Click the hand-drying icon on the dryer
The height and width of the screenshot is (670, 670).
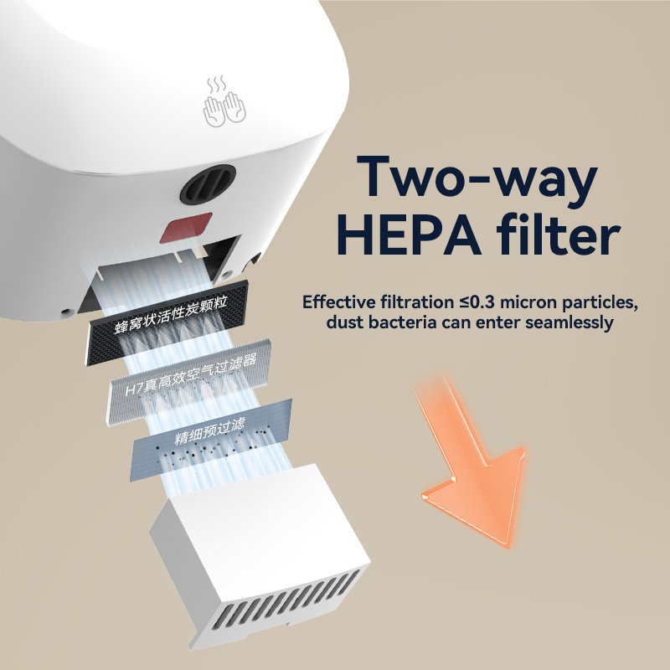[224, 102]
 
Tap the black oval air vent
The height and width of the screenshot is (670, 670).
[208, 184]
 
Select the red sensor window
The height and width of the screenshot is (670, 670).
[186, 228]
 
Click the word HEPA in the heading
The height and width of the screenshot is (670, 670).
[411, 235]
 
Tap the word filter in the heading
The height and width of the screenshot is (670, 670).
[559, 234]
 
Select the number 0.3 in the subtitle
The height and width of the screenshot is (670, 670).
[484, 302]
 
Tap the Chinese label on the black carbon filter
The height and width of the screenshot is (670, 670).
[171, 314]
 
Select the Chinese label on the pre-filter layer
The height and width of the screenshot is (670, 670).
[209, 431]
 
